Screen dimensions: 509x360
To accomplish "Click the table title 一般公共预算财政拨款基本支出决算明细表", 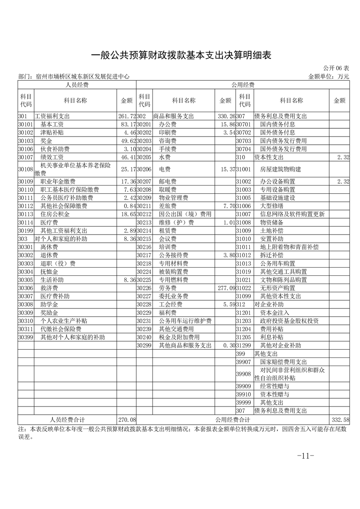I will point(181,55).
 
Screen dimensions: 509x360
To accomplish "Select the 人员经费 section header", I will point(77,85).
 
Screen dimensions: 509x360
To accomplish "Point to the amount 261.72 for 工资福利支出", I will point(127,117).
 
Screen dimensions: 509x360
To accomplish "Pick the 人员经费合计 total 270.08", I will point(127,420).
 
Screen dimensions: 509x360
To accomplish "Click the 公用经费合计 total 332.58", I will point(340,420).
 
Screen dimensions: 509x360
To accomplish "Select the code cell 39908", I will point(244,374).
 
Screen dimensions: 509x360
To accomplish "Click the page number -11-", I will point(305,455).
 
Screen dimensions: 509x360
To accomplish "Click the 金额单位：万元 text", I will point(329,77).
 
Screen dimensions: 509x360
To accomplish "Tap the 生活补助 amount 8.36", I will point(128,280).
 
